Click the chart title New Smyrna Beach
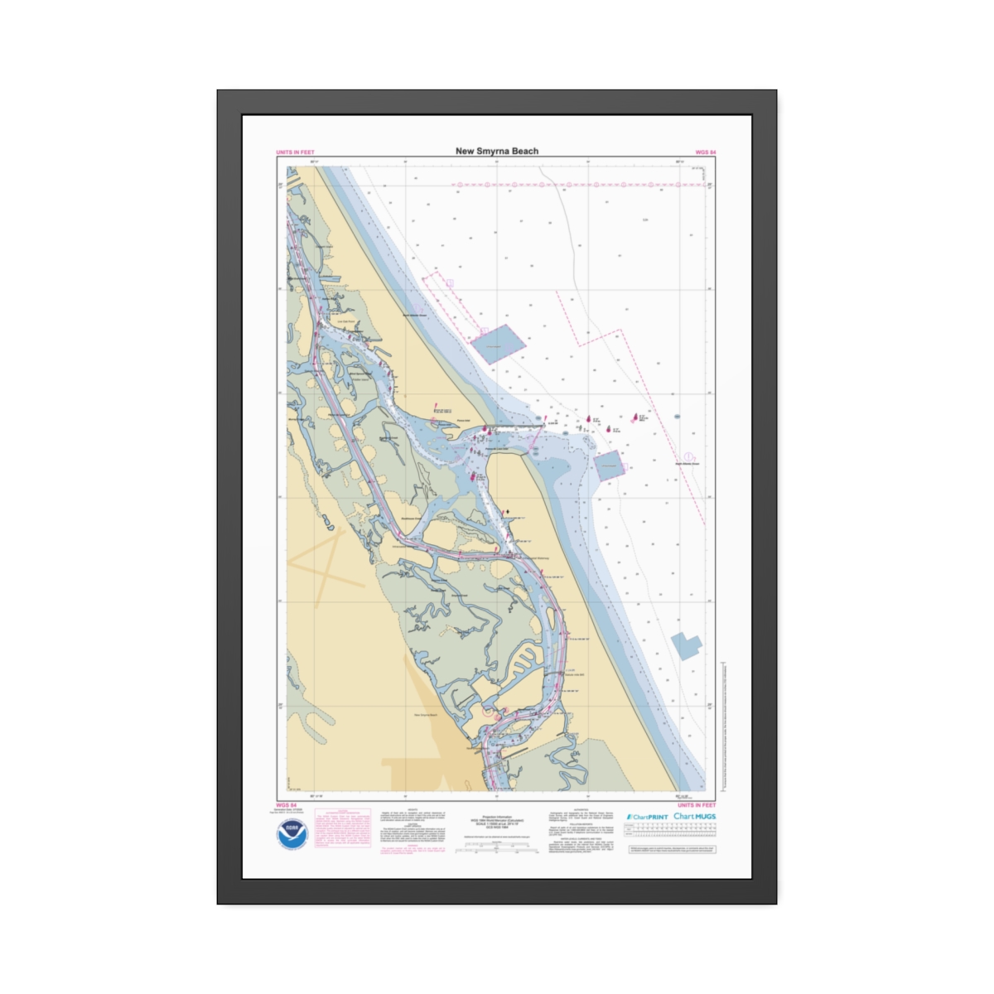[496, 151]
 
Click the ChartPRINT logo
[647, 817]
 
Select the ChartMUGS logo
[694, 816]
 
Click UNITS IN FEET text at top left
[295, 152]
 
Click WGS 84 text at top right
[705, 152]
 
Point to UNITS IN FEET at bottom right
[696, 805]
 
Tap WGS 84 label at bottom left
[286, 805]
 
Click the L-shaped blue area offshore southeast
[685, 644]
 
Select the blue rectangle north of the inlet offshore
[497, 344]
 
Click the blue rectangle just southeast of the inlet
[609, 466]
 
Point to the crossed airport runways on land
[327, 563]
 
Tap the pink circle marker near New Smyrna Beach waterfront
[489, 710]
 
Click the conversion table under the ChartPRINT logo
[671, 832]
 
